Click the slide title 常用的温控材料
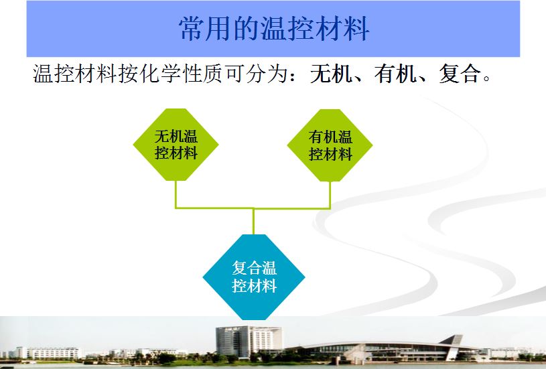pos(274,29)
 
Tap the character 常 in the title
pos(192,29)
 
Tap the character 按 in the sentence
pos(129,74)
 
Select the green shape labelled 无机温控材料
pos(176,145)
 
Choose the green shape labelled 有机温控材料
pos(330,145)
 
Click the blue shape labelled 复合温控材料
pos(254,277)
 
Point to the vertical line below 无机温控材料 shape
pos(176,194)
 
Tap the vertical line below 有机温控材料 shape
pos(330,195)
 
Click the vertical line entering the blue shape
pos(253,222)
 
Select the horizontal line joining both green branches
pos(253,208)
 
